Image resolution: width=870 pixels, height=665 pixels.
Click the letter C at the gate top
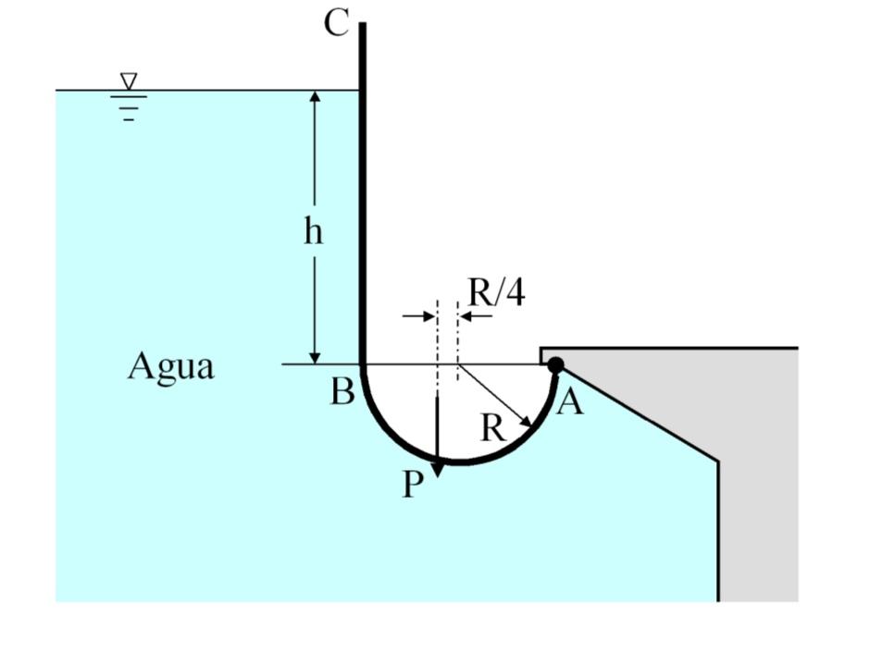tap(337, 23)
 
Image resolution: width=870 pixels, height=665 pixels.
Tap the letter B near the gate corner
tap(342, 392)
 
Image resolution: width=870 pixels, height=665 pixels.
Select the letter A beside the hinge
tap(571, 401)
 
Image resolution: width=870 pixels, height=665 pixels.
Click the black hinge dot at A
tap(554, 365)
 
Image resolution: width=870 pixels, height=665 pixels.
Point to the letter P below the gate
tap(413, 484)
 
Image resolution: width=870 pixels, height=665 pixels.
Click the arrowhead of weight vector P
tap(437, 468)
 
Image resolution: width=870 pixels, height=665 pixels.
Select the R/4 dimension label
tap(496, 292)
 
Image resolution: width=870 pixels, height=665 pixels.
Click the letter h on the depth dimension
tap(314, 230)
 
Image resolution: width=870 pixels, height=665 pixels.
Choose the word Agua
tap(170, 366)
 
